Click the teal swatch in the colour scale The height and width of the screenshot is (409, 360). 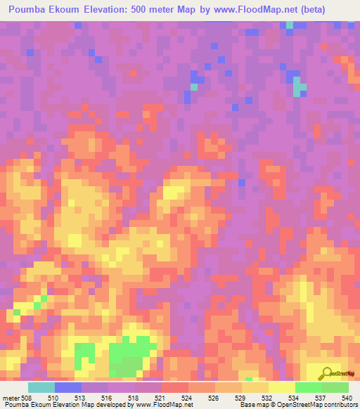(41, 387)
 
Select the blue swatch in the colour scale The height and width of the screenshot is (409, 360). (67, 387)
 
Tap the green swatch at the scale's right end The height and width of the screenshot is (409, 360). (335, 387)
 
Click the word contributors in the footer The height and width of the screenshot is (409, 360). (339, 405)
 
